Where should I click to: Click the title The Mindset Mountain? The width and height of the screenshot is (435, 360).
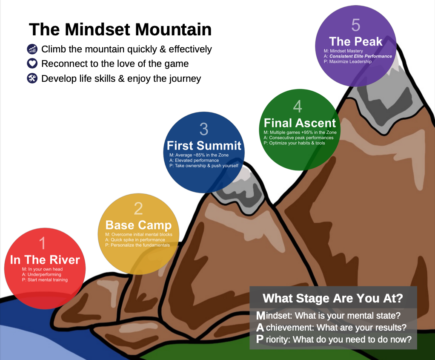tap(120, 29)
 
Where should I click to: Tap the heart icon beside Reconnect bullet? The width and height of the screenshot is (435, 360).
tap(32, 63)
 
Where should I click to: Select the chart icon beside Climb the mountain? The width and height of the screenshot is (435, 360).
tap(32, 49)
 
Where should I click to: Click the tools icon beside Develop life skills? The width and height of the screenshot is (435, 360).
tap(32, 78)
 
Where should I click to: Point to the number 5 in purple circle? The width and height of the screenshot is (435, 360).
tap(356, 25)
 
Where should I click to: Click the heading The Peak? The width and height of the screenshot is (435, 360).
tap(356, 41)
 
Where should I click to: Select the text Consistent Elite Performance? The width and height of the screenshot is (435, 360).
tap(361, 56)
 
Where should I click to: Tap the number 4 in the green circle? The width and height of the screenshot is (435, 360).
tap(298, 107)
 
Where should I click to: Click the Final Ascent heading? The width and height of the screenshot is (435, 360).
tap(300, 123)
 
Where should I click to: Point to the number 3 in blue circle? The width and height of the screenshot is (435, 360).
tap(204, 129)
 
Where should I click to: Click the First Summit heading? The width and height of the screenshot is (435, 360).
tap(204, 146)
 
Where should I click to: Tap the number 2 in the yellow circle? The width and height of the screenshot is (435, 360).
tap(138, 209)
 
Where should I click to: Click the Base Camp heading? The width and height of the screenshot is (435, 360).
tap(138, 225)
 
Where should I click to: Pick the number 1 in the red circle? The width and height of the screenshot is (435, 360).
tap(42, 243)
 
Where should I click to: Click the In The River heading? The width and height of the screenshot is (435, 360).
tap(45, 260)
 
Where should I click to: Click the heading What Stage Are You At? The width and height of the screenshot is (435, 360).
tap(333, 298)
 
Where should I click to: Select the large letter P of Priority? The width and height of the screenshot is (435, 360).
tap(260, 339)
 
